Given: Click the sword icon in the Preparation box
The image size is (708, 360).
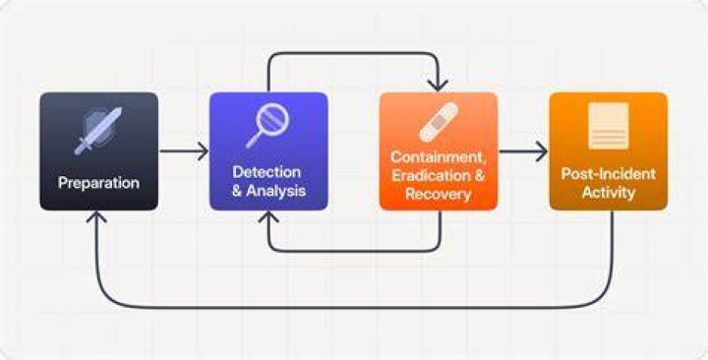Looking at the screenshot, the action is pos(98,131).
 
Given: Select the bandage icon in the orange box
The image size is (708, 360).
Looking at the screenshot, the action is pos(439,122).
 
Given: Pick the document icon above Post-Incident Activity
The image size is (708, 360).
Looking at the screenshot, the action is pos(609,126).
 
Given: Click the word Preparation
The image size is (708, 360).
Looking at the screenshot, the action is pos(98,183).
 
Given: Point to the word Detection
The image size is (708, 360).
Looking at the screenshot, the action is pos(266,172).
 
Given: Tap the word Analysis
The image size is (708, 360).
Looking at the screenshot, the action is pos(276,191).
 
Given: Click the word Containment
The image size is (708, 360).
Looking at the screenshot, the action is pos(438,157).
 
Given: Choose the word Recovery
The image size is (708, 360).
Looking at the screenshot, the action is pos(438,194).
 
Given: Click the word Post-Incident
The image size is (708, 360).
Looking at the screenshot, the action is pos(609,174).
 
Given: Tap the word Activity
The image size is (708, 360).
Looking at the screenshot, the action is pos(609,193).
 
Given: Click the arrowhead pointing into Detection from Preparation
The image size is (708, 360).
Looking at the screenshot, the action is pos(203,150).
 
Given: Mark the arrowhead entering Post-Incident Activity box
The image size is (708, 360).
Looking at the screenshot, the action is pos(542,150).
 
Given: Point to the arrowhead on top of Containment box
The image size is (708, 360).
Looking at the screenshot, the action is pos(438,86).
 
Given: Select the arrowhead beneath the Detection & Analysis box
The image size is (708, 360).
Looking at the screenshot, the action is pos(268,216).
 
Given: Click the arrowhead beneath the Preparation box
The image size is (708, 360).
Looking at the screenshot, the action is pos(96,216).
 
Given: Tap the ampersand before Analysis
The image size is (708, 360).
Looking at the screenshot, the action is pos(238,191).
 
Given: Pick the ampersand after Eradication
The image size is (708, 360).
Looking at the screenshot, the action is pos(479,176).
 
